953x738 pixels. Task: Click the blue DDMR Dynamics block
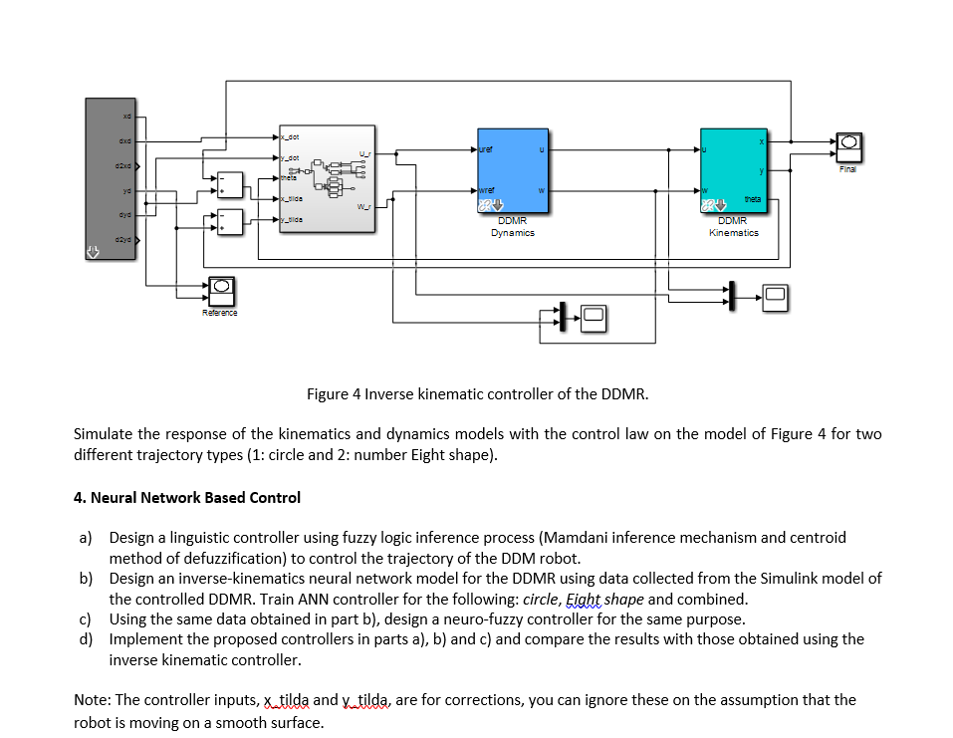[x=513, y=171]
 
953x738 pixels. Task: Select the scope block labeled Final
[x=848, y=147]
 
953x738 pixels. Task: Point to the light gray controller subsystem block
[x=327, y=179]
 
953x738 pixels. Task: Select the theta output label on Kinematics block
[x=752, y=199]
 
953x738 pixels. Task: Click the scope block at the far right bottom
[x=776, y=293]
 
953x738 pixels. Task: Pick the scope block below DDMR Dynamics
[x=594, y=317]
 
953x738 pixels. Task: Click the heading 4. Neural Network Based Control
[x=187, y=497]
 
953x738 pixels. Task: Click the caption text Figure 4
[x=335, y=393]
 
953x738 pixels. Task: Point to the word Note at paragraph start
[x=92, y=699]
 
